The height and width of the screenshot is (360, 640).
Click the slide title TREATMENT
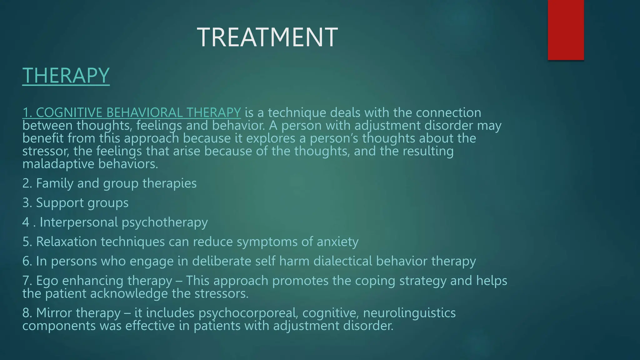pyautogui.click(x=267, y=37)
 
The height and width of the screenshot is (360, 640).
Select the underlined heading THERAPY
pyautogui.click(x=66, y=75)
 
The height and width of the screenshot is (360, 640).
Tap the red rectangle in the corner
pyautogui.click(x=566, y=30)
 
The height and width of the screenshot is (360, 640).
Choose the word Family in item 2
pyautogui.click(x=55, y=183)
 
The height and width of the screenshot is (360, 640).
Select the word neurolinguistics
pyautogui.click(x=409, y=313)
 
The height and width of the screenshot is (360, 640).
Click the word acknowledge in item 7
pyautogui.click(x=129, y=294)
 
